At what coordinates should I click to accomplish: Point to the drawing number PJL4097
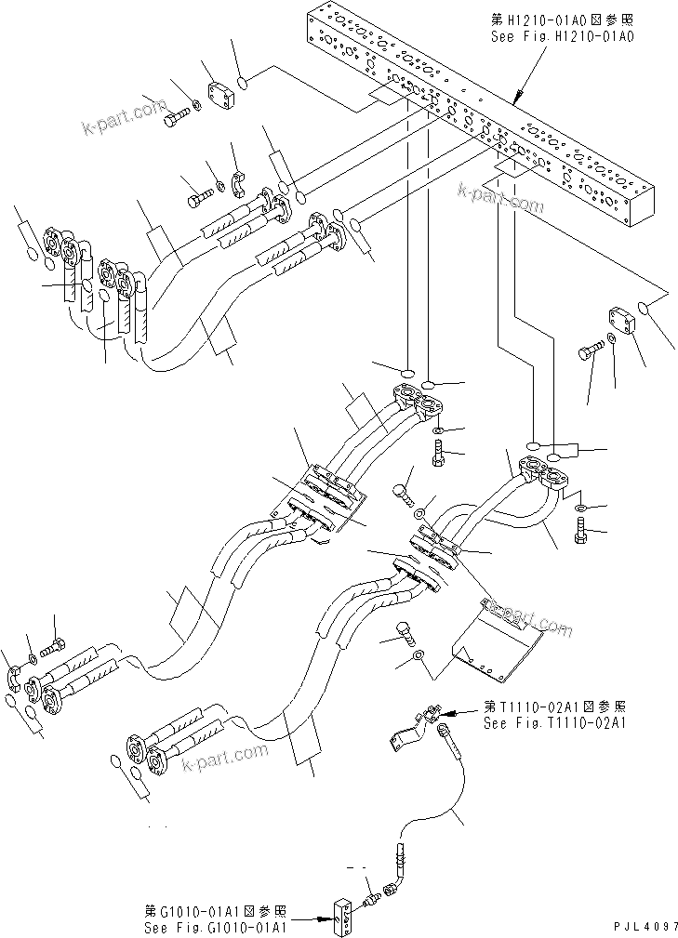coord(641,927)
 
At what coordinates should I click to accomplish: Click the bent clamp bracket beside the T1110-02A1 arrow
coord(407,728)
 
